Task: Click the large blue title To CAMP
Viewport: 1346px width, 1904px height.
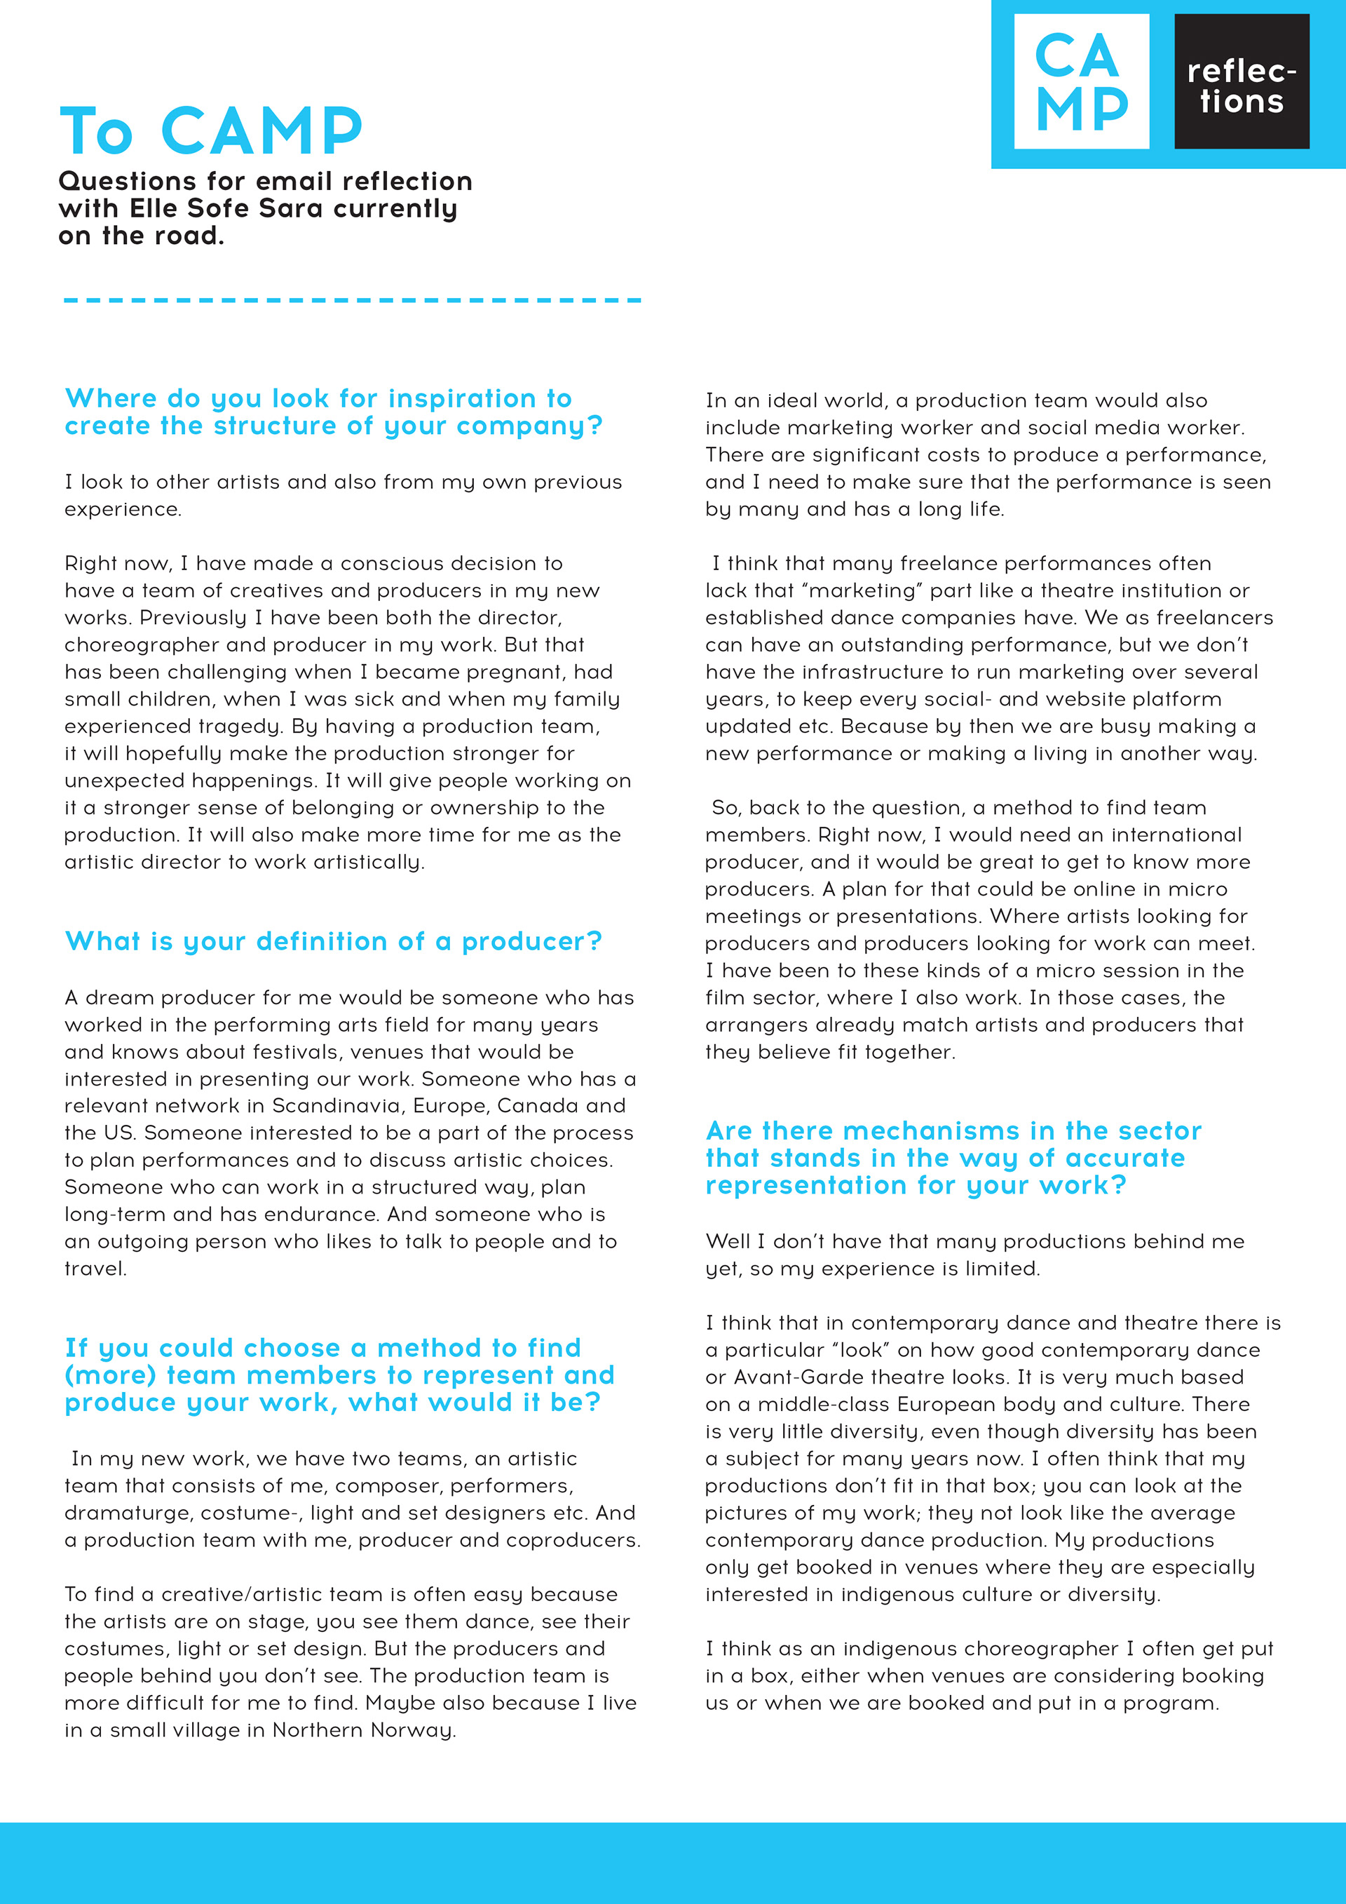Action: click(211, 131)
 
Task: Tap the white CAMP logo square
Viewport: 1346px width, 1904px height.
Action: click(1082, 81)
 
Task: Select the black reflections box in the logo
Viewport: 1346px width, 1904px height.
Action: click(1242, 81)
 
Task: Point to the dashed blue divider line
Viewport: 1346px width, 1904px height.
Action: click(352, 300)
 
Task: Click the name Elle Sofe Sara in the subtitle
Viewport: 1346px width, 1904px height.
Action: click(226, 208)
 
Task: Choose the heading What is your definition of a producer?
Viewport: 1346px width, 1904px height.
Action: click(333, 941)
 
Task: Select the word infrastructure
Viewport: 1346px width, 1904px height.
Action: click(862, 672)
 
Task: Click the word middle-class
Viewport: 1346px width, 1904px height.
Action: click(824, 1405)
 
